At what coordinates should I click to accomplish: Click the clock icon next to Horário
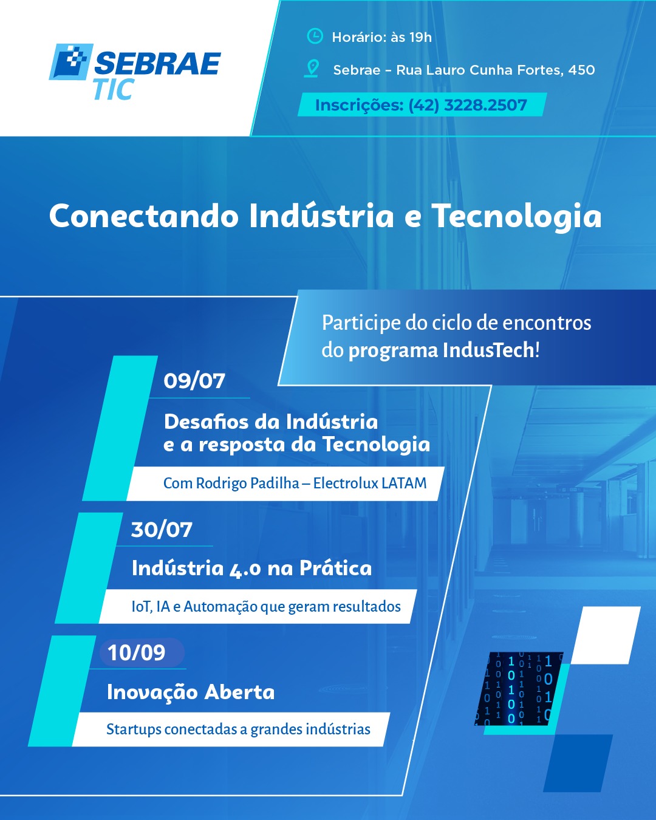click(315, 36)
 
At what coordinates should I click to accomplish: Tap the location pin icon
click(312, 69)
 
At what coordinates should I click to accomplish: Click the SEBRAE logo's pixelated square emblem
click(71, 62)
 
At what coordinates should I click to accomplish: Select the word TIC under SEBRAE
click(114, 89)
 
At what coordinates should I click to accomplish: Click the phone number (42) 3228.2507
click(467, 105)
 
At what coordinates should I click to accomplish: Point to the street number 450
click(581, 70)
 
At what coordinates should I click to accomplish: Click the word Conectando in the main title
click(144, 216)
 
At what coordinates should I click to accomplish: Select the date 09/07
click(194, 381)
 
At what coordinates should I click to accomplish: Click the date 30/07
click(162, 530)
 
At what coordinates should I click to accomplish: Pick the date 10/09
click(137, 653)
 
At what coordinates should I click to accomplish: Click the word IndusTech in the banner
click(488, 350)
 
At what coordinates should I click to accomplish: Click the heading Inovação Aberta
click(191, 692)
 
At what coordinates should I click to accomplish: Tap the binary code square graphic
click(519, 688)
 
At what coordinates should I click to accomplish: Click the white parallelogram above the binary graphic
click(606, 635)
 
